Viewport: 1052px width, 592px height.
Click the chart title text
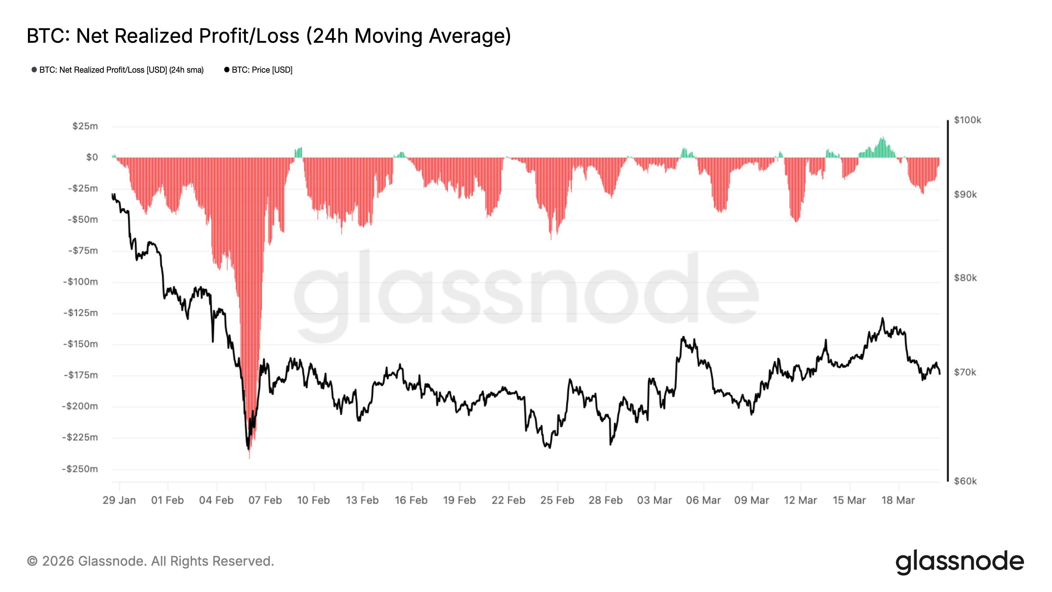tap(269, 36)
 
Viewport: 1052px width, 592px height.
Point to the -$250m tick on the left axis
tap(80, 469)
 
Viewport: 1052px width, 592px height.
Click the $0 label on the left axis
tap(92, 157)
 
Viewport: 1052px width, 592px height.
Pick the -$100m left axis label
tap(81, 282)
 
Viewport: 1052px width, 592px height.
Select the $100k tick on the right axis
tap(967, 120)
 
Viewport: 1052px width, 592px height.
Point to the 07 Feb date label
tap(265, 500)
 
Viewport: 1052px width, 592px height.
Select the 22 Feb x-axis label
tap(509, 500)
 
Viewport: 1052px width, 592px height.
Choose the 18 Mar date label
tap(898, 500)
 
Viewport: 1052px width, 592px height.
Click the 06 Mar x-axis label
tap(703, 500)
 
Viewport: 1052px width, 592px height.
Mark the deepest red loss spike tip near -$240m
tap(250, 457)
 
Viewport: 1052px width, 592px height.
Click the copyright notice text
tap(150, 561)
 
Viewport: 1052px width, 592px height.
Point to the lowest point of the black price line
tap(248, 449)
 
